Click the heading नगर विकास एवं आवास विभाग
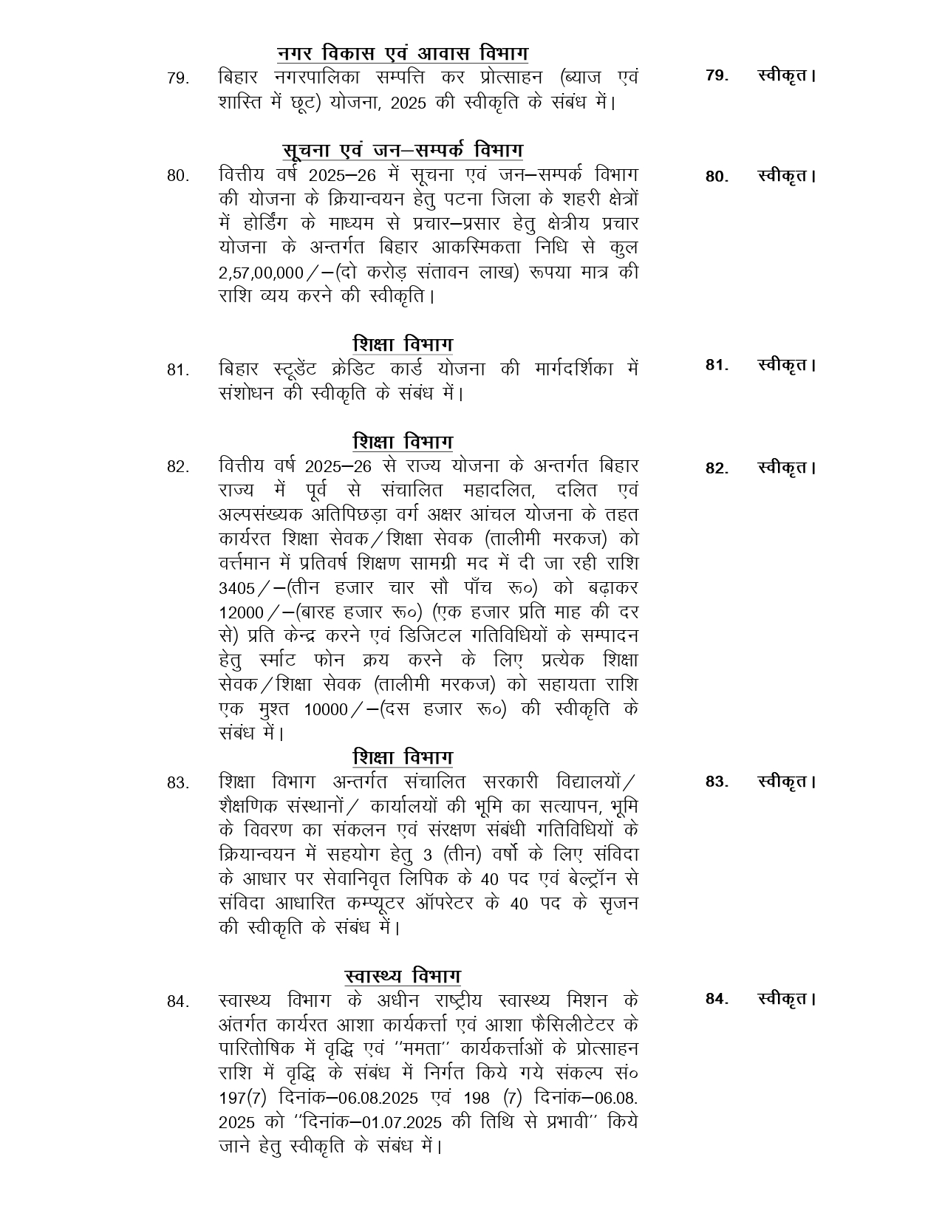pos(403,54)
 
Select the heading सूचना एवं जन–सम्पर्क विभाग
pos(403,150)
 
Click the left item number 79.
pos(178,78)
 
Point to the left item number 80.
pos(178,176)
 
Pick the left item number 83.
pos(178,782)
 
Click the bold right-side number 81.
pos(717,364)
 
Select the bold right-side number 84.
pos(717,999)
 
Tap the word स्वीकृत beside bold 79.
pos(786,75)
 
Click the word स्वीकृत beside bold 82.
pos(786,468)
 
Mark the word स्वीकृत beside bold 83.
pos(786,782)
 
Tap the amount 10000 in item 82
pos(326,710)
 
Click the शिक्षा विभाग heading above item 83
pos(403,757)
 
